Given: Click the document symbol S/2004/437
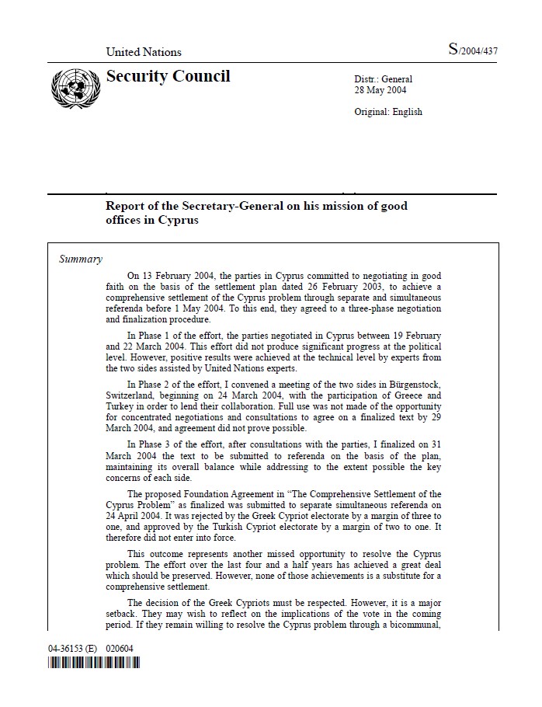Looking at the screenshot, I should pos(472,50).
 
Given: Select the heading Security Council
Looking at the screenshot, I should pos(168,76).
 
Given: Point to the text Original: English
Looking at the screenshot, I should pos(388,112).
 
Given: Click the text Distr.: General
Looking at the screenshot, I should pos(384,79).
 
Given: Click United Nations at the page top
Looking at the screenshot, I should pos(144,52).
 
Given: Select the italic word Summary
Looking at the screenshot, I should pos(81,259).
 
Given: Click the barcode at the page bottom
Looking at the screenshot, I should pos(94,663).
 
